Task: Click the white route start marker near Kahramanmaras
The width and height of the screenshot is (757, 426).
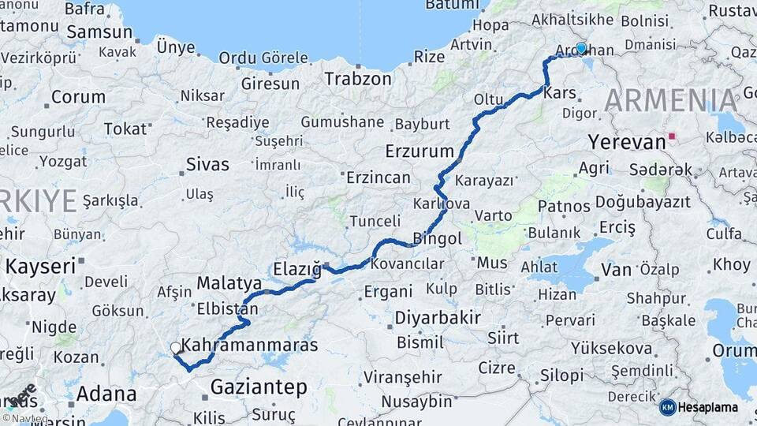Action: pyautogui.click(x=175, y=347)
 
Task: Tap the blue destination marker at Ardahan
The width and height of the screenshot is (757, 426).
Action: pyautogui.click(x=581, y=48)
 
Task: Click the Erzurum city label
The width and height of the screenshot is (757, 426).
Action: pyautogui.click(x=420, y=151)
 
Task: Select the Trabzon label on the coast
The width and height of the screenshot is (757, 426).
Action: pyautogui.click(x=358, y=79)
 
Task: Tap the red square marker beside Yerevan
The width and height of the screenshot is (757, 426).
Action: pyautogui.click(x=672, y=136)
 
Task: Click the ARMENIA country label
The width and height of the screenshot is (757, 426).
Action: pyautogui.click(x=671, y=101)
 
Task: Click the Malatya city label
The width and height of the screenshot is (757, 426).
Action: pyautogui.click(x=229, y=282)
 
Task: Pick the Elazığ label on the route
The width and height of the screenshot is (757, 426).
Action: pyautogui.click(x=296, y=268)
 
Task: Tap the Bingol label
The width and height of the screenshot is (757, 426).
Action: pyautogui.click(x=438, y=238)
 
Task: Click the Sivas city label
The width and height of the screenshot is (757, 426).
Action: pyautogui.click(x=207, y=165)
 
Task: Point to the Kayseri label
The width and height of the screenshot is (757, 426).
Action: pyautogui.click(x=40, y=265)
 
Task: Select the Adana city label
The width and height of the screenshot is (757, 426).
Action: pyautogui.click(x=106, y=393)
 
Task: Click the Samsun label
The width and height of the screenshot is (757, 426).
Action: pyautogui.click(x=99, y=32)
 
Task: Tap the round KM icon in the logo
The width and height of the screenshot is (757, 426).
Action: pyautogui.click(x=668, y=407)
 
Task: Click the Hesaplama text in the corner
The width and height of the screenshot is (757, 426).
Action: pyautogui.click(x=708, y=407)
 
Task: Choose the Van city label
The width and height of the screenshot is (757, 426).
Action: pyautogui.click(x=616, y=270)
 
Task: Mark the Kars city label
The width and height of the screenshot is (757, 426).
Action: pyautogui.click(x=560, y=93)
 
